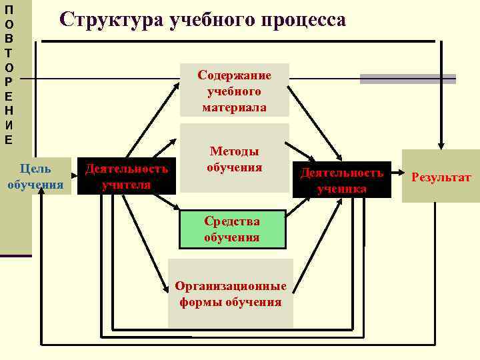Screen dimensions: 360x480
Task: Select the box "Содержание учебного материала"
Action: click(235, 91)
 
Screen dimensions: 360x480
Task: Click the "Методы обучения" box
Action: click(234, 159)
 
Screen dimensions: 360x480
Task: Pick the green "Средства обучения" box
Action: click(232, 229)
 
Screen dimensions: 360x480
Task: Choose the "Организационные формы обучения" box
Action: click(231, 293)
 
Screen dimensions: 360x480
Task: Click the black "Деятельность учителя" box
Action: click(127, 176)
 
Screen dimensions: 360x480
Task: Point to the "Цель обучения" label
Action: click(35, 176)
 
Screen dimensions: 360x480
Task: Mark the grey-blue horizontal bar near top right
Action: click(407, 79)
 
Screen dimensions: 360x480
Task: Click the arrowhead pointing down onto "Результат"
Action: click(441, 143)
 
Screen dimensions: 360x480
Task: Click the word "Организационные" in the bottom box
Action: click(231, 286)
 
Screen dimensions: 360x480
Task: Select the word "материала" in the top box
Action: click(235, 107)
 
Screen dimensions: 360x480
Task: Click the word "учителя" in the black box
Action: click(127, 184)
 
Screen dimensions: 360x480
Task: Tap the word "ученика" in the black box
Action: click(342, 188)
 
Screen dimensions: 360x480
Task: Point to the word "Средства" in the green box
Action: click(232, 221)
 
